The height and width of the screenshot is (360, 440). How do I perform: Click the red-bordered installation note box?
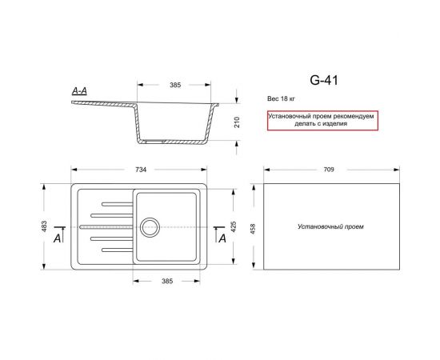(x=321, y=120)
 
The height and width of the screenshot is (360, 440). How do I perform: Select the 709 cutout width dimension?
(x=329, y=170)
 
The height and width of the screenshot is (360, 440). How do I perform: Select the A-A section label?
(x=80, y=93)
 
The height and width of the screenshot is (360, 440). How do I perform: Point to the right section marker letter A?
(x=221, y=238)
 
